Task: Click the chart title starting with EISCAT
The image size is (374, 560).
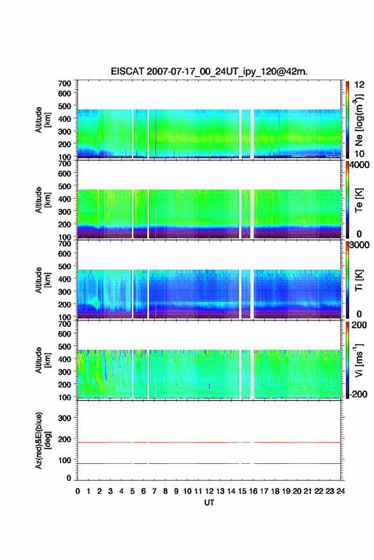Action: point(209,71)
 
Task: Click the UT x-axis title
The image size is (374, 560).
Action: point(210,503)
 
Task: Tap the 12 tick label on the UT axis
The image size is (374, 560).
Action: point(210,491)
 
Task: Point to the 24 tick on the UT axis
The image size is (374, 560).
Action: point(341,491)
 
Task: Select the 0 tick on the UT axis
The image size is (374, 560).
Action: point(78,491)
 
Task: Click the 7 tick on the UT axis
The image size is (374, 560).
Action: point(154,491)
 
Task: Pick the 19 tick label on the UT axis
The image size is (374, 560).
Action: point(286,491)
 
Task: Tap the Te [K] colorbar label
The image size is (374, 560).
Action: point(359,200)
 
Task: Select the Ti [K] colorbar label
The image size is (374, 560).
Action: point(359,280)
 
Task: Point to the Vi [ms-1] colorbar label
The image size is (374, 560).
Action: point(359,360)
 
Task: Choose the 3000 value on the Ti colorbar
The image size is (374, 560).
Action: point(359,245)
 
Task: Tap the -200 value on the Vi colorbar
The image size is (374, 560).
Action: point(358,394)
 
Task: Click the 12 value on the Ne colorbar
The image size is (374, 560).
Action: point(360,85)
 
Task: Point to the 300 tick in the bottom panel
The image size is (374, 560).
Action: point(64,418)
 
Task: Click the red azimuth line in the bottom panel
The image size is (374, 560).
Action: point(209,442)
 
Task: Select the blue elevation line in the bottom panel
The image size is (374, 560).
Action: point(209,463)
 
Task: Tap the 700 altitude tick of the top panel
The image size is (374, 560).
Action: point(64,83)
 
